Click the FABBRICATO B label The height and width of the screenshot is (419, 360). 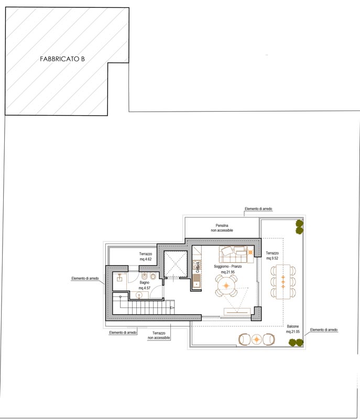point(62,59)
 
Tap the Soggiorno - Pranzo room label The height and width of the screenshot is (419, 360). point(228,267)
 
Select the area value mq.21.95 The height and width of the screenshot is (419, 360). point(228,272)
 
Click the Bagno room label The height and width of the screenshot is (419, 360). point(144,282)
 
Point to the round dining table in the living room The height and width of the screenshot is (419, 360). point(226,285)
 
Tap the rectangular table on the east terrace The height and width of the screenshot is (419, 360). point(283,282)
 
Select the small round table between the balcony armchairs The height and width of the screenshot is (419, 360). point(257,339)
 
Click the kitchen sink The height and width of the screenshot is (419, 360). point(197,284)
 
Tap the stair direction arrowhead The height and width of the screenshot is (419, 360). point(172,308)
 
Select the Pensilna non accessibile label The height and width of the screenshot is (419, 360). point(222,228)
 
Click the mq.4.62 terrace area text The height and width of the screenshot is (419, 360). point(146,259)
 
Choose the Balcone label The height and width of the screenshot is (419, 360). point(292,326)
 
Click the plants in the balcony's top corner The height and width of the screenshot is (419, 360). point(299,227)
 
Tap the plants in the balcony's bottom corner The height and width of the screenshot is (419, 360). point(296,343)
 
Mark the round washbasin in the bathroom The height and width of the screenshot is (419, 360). point(139,295)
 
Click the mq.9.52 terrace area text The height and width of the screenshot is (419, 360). point(272,258)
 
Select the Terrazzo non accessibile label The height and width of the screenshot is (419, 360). point(159,335)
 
